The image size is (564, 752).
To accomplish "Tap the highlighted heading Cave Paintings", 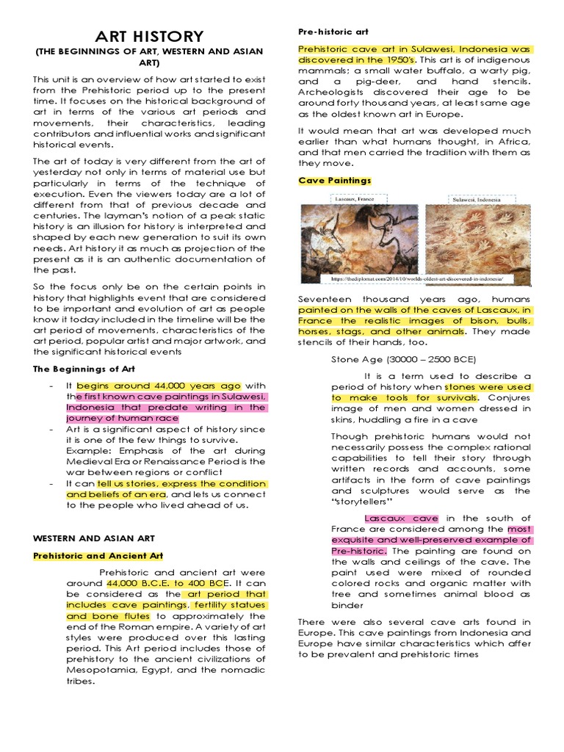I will [335, 180].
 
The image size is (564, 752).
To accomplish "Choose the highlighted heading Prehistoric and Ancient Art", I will [98, 556].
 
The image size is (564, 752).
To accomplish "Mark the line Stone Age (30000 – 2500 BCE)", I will [404, 359].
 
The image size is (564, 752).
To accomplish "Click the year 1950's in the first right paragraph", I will [397, 59].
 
